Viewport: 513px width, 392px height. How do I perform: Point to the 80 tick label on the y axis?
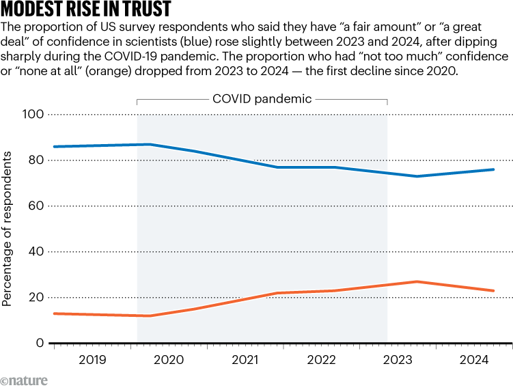click(36, 160)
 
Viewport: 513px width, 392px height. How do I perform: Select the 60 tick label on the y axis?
click(36, 206)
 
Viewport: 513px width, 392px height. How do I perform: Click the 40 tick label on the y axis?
click(36, 251)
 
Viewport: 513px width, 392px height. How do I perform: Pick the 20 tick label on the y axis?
click(36, 297)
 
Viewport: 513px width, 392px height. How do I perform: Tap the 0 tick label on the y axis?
click(40, 343)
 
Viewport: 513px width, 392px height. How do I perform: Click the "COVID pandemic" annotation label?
click(262, 99)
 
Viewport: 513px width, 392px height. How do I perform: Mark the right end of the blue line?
click(494, 169)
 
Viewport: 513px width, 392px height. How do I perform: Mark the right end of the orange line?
click(494, 291)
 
